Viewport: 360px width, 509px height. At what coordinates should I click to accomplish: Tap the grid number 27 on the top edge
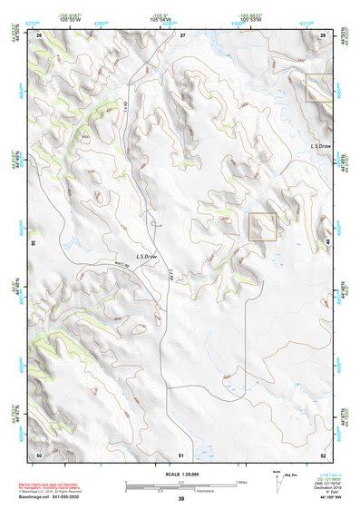pyautogui.click(x=182, y=34)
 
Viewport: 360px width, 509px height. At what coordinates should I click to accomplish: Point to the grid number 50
pyautogui.click(x=39, y=454)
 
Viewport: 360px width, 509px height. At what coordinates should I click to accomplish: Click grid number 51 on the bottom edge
pyautogui.click(x=181, y=454)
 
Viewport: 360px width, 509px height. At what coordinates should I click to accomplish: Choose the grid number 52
pyautogui.click(x=324, y=454)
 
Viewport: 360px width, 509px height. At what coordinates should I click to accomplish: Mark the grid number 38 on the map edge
pyautogui.click(x=34, y=243)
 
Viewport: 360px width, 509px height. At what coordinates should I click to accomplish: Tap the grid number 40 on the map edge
pyautogui.click(x=329, y=243)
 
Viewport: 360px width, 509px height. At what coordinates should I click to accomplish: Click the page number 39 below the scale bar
pyautogui.click(x=180, y=499)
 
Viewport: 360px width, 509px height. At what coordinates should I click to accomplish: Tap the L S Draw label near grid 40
pyautogui.click(x=320, y=145)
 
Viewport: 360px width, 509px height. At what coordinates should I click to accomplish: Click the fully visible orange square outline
pyautogui.click(x=262, y=227)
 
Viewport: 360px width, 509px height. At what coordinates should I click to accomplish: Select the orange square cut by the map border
pyautogui.click(x=318, y=88)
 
